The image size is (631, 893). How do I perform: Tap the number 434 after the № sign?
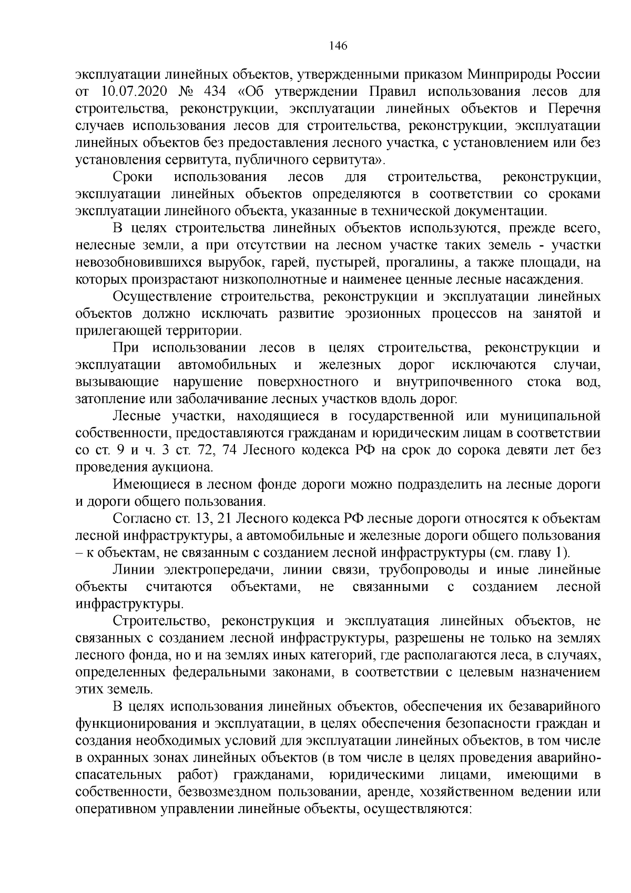tap(215, 92)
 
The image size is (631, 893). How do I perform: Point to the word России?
tap(579, 75)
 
